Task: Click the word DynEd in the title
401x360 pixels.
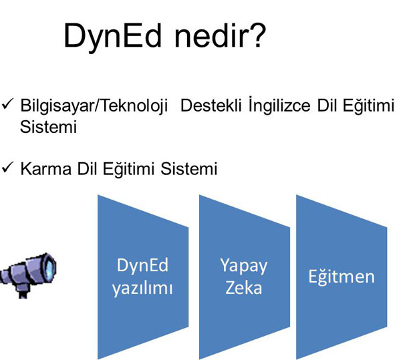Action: pyautogui.click(x=113, y=36)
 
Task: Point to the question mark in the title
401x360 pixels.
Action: pyautogui.click(x=256, y=35)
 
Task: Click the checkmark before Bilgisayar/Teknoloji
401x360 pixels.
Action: pyautogui.click(x=7, y=104)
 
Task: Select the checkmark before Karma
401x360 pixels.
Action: pyautogui.click(x=7, y=168)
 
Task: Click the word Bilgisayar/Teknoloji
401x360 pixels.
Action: pyautogui.click(x=94, y=106)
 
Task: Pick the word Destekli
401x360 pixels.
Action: pyautogui.click(x=211, y=105)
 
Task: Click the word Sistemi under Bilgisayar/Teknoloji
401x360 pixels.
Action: pyautogui.click(x=48, y=126)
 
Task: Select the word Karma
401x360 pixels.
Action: pyautogui.click(x=45, y=168)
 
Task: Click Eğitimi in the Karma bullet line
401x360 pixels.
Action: pyautogui.click(x=128, y=169)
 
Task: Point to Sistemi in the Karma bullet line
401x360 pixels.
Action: pyautogui.click(x=189, y=168)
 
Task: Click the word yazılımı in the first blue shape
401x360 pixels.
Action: pyautogui.click(x=142, y=289)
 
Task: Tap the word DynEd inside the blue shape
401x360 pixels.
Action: pyautogui.click(x=142, y=265)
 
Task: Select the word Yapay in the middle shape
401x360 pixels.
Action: pyautogui.click(x=243, y=266)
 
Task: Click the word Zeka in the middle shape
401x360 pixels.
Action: pyautogui.click(x=243, y=287)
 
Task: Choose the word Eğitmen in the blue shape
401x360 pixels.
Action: pyautogui.click(x=342, y=277)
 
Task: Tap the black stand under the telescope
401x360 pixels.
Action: pyautogui.click(x=23, y=295)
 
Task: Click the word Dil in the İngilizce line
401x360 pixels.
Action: pyautogui.click(x=326, y=105)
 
